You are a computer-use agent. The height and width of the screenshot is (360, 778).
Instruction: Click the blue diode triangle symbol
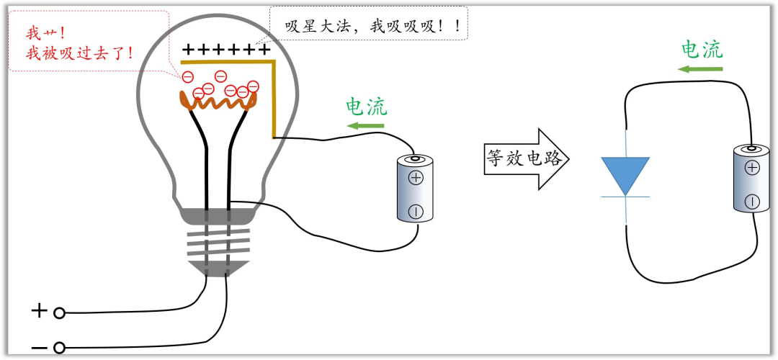tap(625, 173)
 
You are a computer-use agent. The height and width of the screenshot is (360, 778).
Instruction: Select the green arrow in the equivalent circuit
tap(701, 69)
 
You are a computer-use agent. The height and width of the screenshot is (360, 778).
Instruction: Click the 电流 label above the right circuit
tap(702, 49)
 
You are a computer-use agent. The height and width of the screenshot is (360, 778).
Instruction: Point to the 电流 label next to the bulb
tap(367, 107)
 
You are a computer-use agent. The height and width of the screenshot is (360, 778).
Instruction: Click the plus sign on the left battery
tap(416, 178)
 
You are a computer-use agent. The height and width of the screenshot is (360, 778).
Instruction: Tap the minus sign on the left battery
tap(416, 211)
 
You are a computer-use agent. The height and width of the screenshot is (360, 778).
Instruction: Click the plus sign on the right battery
tap(751, 168)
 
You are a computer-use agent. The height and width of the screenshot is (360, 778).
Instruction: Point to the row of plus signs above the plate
tap(226, 50)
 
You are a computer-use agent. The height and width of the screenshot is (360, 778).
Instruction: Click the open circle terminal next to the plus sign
tap(60, 312)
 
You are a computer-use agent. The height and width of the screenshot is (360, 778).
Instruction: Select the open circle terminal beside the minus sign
tap(60, 348)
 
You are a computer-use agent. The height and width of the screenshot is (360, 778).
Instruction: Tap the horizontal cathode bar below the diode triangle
tap(625, 197)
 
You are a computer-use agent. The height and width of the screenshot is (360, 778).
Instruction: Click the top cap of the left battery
tap(416, 158)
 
